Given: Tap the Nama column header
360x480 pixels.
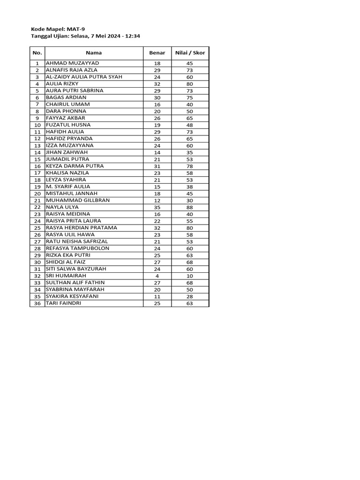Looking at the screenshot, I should (x=94, y=53).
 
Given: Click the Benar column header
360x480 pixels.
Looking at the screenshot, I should (x=157, y=53).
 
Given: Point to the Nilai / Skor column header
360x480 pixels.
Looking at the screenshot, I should (x=190, y=53).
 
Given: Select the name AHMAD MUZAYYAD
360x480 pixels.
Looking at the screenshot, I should (x=73, y=63).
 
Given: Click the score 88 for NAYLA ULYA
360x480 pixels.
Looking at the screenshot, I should (x=190, y=207).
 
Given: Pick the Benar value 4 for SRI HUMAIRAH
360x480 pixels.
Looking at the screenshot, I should (x=157, y=276).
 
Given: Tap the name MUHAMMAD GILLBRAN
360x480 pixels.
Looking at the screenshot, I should (x=78, y=200).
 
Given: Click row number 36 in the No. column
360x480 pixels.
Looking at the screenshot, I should (x=37, y=304).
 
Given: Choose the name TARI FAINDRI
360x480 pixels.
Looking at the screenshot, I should (x=63, y=303).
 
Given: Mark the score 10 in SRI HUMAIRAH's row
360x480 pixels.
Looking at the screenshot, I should (x=190, y=276).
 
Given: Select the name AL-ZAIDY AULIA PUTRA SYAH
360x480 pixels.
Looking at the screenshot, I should (x=84, y=76).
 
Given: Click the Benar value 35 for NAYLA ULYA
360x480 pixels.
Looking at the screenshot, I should (x=157, y=207).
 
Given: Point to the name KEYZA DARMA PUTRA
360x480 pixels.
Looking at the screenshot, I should (x=75, y=166).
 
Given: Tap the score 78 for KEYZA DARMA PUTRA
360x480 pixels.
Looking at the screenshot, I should (x=190, y=166).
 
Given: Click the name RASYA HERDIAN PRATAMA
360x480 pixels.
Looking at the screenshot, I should (x=82, y=228).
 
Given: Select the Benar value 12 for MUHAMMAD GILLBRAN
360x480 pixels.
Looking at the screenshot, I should (x=157, y=201).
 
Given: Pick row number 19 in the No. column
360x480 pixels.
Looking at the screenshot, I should (x=37, y=187).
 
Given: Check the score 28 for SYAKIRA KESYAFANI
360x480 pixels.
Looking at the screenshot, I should (x=190, y=297).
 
